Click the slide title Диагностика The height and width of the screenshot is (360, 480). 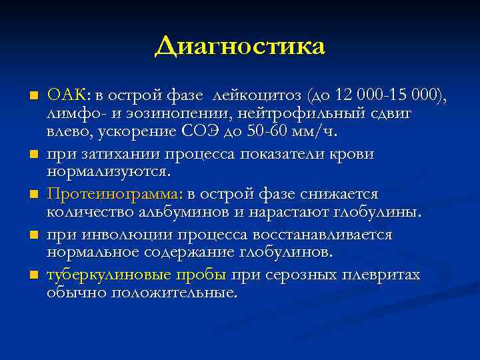[x=240, y=47]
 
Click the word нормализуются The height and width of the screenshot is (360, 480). [x=109, y=172]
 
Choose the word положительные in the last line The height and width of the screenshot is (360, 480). [x=174, y=293]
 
